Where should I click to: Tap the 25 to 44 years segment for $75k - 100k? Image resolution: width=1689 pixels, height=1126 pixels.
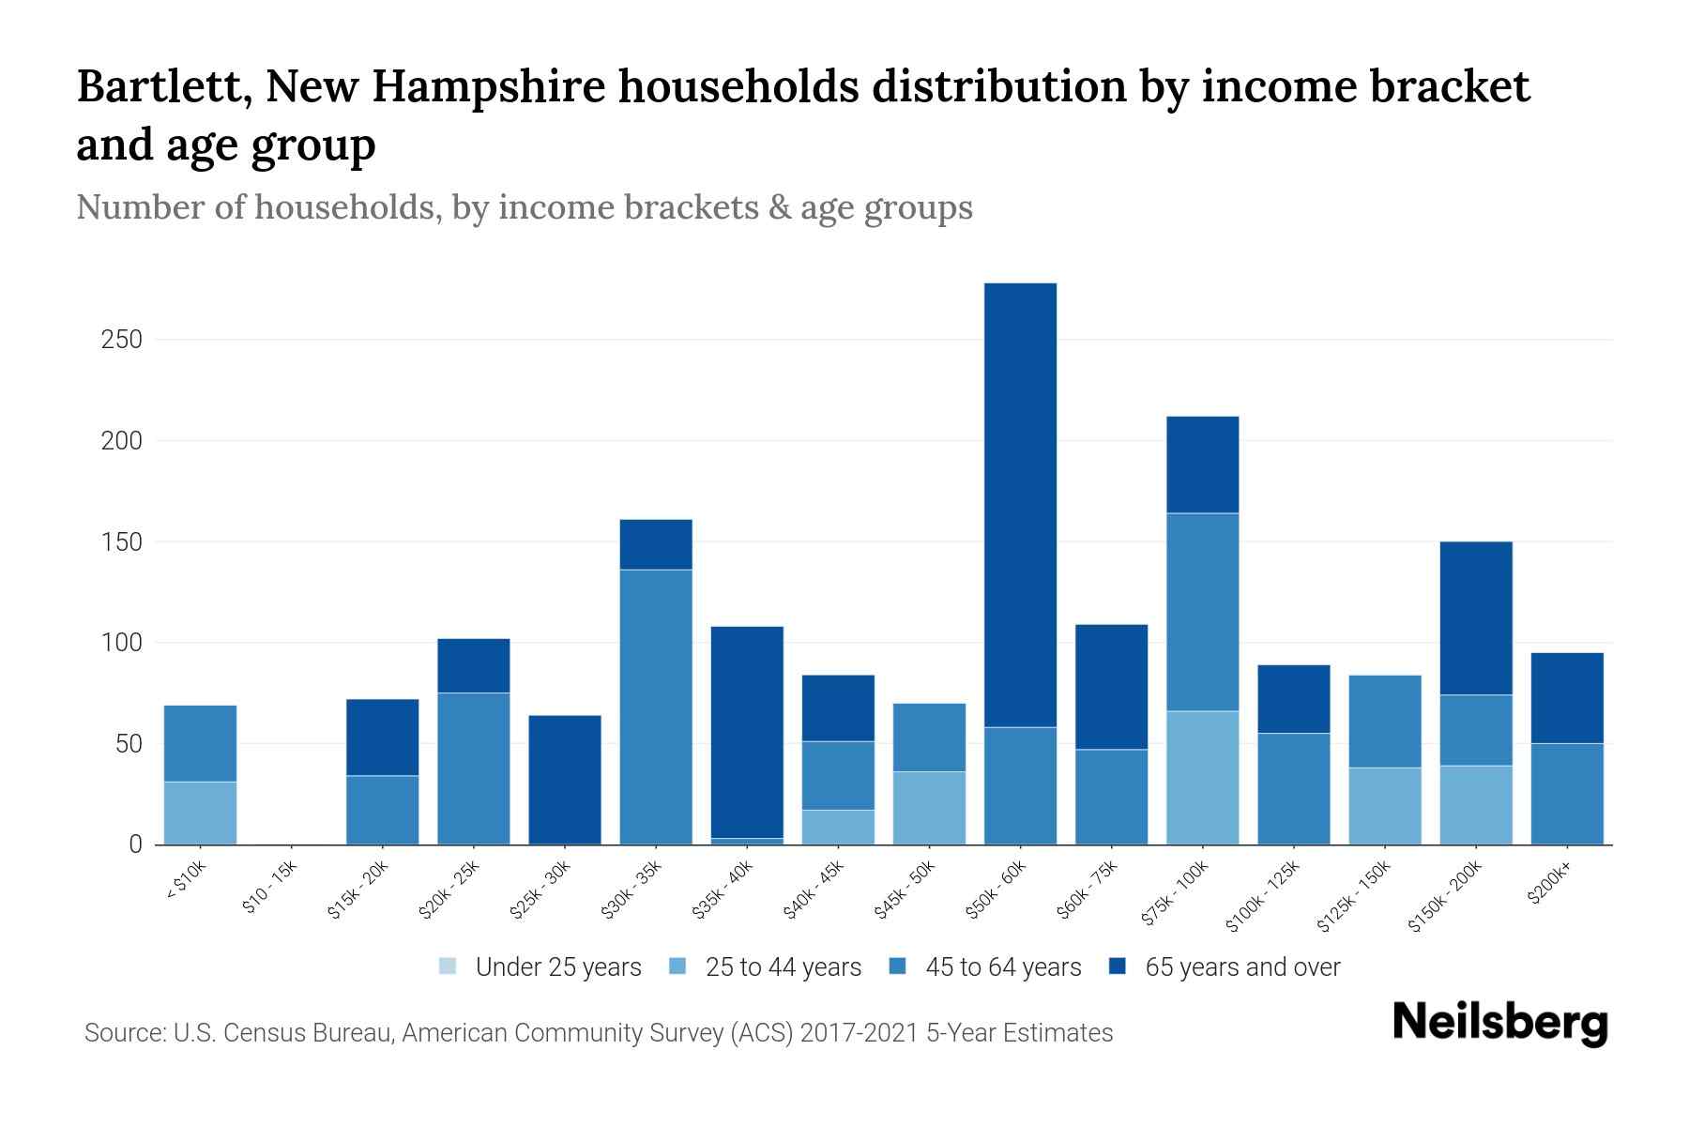tap(1202, 778)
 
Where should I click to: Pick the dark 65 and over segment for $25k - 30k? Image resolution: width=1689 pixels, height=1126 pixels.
tap(565, 780)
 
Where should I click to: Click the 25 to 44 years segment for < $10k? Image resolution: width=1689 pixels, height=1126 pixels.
tap(200, 813)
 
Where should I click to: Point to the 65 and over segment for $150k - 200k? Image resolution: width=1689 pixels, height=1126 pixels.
tap(1476, 618)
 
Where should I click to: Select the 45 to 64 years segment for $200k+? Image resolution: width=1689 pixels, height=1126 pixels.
tap(1567, 794)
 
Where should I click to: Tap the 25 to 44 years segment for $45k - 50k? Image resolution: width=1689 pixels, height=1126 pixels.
tap(929, 808)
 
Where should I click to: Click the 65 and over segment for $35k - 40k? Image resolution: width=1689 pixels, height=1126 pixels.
tap(747, 732)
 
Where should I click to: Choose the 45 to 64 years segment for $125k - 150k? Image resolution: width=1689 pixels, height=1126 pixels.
tap(1385, 722)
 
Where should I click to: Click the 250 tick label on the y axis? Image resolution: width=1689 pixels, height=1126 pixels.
tap(121, 340)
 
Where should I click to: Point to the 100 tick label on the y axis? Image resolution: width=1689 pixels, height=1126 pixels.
tap(121, 644)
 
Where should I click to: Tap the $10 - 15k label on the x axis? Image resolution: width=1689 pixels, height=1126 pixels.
tap(270, 892)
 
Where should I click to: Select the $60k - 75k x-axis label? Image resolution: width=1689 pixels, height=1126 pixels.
tap(1088, 892)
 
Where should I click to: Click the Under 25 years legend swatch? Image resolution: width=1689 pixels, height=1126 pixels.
tap(449, 966)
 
